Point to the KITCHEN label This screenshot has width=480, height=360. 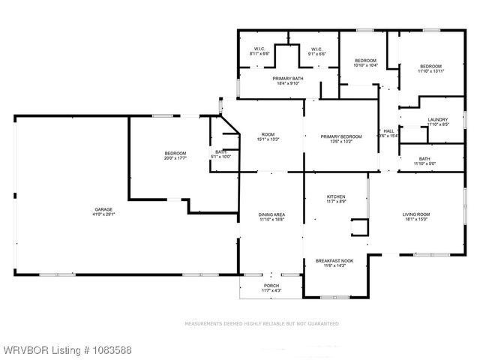click(335, 196)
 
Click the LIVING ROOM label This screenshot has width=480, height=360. click(417, 214)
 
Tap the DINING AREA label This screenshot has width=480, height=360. click(271, 215)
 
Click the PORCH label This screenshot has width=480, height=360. click(271, 285)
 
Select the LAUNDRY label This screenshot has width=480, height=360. click(438, 119)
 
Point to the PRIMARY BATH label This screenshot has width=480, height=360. click(288, 78)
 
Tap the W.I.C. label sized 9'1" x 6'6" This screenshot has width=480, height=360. click(316, 50)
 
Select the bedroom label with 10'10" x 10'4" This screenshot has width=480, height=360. click(365, 61)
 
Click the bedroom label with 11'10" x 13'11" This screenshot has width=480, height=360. click(430, 66)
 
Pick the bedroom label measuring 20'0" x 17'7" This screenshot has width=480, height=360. click(175, 153)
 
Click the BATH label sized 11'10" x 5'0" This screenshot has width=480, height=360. click(424, 158)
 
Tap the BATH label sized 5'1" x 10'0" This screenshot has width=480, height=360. click(221, 152)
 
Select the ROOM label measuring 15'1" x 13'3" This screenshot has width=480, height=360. click(268, 134)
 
